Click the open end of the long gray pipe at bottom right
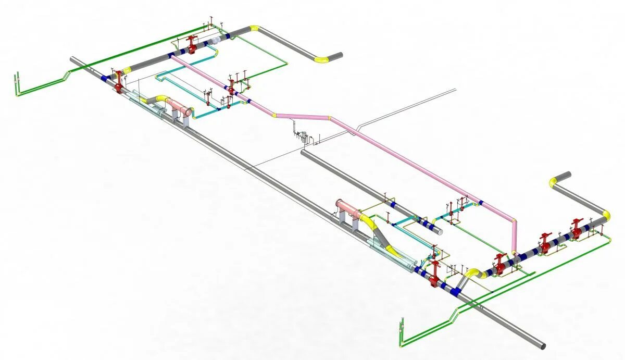542,345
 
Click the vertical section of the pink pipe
515,237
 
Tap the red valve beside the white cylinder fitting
192,44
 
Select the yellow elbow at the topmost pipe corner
254,29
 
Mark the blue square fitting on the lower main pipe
457,291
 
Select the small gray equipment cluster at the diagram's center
302,135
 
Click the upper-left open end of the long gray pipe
72,59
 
